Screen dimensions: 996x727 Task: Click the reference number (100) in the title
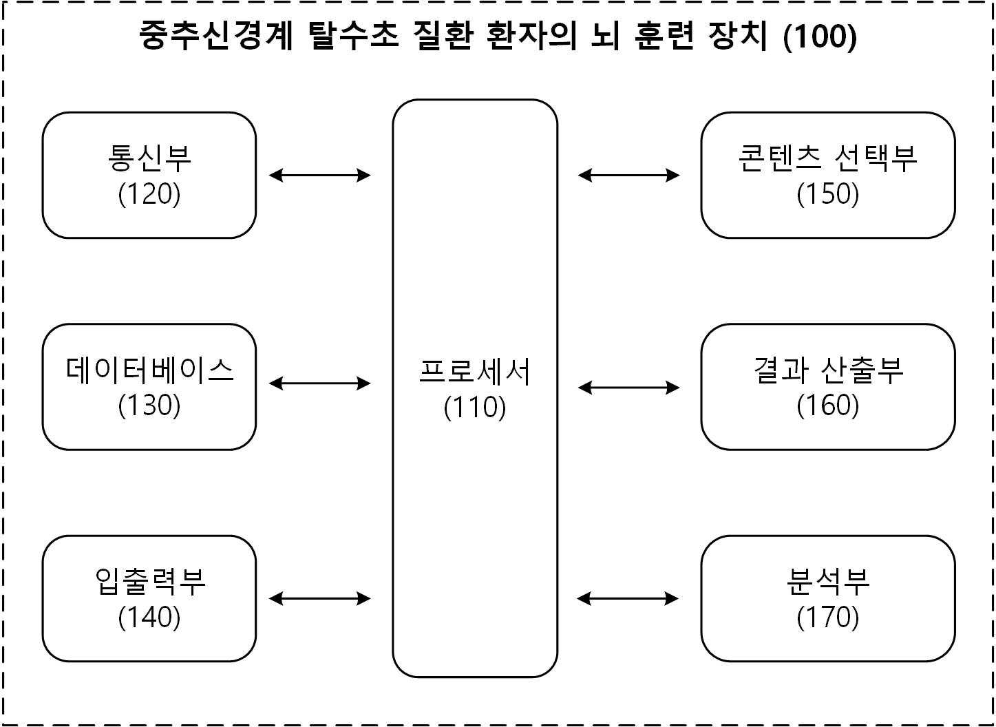coord(820,36)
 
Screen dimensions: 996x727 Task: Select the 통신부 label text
coord(149,158)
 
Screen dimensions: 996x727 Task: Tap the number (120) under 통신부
coord(149,194)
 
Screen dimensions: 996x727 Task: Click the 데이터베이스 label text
coord(149,370)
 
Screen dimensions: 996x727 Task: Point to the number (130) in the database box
coord(149,406)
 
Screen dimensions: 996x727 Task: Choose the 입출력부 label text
coord(149,582)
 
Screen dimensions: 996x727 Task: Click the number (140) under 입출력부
coord(149,618)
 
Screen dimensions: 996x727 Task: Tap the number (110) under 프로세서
coord(475,408)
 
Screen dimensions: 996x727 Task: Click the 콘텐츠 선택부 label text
coord(827,158)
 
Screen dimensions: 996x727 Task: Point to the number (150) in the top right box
coord(828,194)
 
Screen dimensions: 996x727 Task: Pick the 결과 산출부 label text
coord(828,370)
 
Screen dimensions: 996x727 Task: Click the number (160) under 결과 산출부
coord(828,406)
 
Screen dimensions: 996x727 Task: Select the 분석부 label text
coord(828,582)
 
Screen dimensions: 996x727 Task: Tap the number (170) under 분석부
coord(828,618)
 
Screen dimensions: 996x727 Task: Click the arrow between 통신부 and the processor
coord(319,175)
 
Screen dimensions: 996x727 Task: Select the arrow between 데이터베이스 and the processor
coord(319,383)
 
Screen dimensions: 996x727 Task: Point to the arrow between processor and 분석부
coord(628,598)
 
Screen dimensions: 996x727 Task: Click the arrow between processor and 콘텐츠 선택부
coord(628,175)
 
